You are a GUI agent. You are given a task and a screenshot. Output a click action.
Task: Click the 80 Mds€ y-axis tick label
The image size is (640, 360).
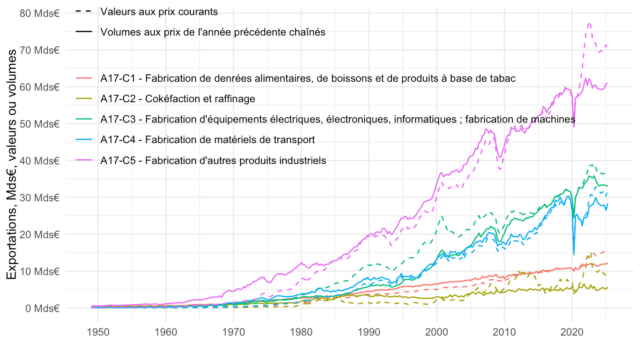[40, 13]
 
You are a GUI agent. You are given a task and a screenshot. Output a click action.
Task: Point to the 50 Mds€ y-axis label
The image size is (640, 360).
[40, 124]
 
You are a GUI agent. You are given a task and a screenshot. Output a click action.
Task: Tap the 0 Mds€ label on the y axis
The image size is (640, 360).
[43, 308]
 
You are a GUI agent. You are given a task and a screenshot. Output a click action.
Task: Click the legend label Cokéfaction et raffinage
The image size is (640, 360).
[178, 99]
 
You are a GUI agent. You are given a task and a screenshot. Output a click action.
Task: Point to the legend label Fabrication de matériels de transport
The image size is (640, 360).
[208, 140]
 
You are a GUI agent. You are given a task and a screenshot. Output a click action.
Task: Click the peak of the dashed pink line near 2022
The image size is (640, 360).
[589, 23]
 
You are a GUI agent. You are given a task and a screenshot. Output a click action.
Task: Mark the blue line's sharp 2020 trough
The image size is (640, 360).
[574, 254]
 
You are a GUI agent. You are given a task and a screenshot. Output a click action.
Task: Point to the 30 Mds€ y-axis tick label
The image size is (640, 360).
[40, 197]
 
